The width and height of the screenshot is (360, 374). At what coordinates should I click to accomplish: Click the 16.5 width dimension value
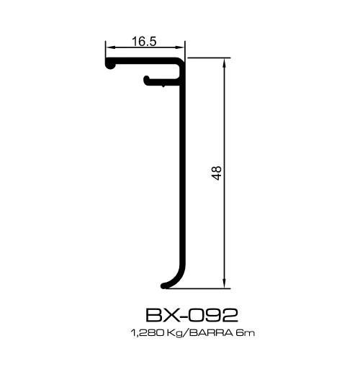pos(145,42)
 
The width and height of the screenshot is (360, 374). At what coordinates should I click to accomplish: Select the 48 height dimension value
pos(217,173)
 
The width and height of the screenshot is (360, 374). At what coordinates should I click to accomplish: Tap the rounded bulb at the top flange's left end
pos(110,65)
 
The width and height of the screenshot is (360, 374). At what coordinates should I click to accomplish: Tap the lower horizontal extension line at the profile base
pos(202,288)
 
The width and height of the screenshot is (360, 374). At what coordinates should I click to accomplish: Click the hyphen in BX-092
pos(177,315)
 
